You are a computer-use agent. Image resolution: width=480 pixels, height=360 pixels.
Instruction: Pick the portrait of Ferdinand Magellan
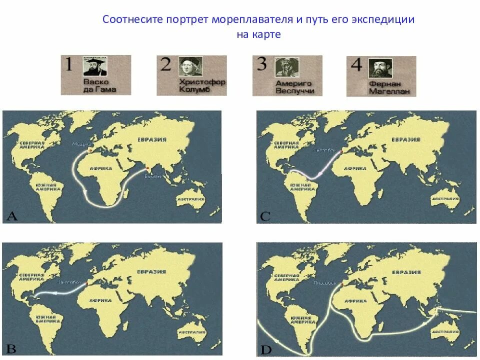point(380,68)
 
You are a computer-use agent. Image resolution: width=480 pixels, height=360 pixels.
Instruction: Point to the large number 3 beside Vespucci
point(262,65)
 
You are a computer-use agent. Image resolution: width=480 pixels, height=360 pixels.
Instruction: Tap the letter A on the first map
point(11,216)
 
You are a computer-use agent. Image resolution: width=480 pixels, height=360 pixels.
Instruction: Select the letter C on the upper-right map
point(265,216)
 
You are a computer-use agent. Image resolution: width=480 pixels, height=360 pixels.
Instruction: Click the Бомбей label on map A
point(152,177)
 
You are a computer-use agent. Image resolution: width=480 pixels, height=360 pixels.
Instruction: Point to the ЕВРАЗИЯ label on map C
point(406,139)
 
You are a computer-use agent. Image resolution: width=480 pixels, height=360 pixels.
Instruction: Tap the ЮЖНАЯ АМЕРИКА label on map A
point(48,187)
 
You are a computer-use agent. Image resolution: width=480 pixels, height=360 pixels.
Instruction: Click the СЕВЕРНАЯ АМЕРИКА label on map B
point(32,277)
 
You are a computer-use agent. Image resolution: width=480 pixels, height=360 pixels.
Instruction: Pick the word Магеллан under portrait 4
point(389,92)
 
